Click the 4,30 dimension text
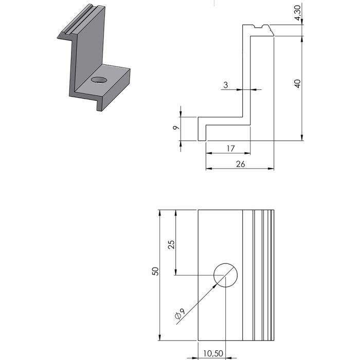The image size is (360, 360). click(x=297, y=11)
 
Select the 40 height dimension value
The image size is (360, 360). click(x=297, y=83)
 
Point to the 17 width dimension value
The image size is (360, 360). click(x=230, y=148)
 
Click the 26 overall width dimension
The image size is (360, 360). click(x=240, y=164)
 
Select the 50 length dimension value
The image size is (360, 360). click(x=154, y=271)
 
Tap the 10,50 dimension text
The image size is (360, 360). click(x=212, y=354)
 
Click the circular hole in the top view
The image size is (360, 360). click(x=225, y=275)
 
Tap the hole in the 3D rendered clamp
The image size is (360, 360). click(x=98, y=80)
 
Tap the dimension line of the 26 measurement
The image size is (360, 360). click(x=240, y=169)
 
